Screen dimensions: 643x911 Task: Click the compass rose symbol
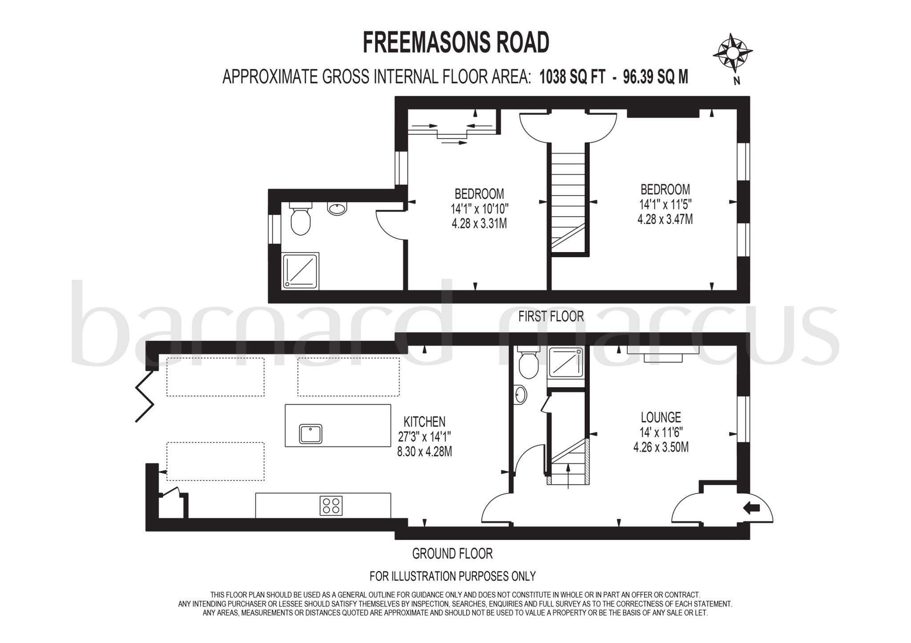coord(732,53)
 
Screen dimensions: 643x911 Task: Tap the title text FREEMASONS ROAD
coord(456,43)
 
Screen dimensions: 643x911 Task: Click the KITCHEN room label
coord(424,422)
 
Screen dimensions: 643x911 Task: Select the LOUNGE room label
coord(661,418)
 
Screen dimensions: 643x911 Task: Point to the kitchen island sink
coord(310,434)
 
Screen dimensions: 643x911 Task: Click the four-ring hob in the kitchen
coord(331,506)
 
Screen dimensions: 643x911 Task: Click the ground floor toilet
coord(528,363)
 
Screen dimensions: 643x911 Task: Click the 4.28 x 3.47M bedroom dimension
coord(665,219)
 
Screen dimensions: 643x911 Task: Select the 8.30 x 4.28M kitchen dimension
coord(424,452)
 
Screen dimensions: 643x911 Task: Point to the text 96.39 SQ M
coord(655,77)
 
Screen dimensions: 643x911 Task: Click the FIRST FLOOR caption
coord(551,317)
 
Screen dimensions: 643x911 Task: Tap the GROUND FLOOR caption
coord(452,554)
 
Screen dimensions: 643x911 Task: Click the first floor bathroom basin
coord(337,209)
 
